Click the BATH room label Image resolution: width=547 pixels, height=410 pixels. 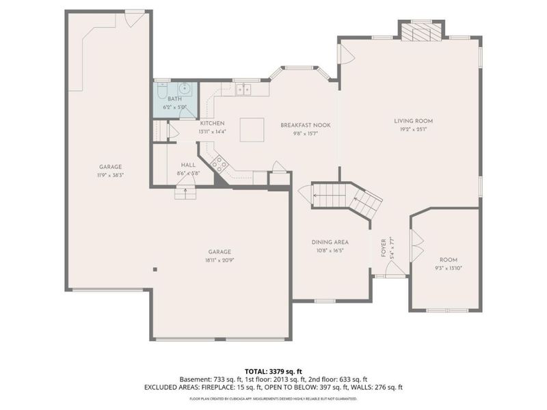[x=175, y=100]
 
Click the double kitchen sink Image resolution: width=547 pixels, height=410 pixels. [x=242, y=89]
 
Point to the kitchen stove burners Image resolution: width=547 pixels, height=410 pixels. [x=219, y=163]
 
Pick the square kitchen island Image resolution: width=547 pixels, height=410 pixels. [x=251, y=129]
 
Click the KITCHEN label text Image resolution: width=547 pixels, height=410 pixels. [x=212, y=123]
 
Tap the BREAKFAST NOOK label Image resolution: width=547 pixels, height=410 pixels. [x=306, y=125]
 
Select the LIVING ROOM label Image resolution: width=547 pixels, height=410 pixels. [x=413, y=121]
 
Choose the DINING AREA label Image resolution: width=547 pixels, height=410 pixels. [x=330, y=243]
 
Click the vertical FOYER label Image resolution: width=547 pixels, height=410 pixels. [x=384, y=246]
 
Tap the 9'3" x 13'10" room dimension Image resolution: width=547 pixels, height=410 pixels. [x=448, y=268]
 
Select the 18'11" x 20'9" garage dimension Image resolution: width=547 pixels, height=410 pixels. [x=219, y=260]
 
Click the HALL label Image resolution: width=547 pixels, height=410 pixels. [x=188, y=165]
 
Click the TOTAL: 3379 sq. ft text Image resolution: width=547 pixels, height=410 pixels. [x=273, y=370]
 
